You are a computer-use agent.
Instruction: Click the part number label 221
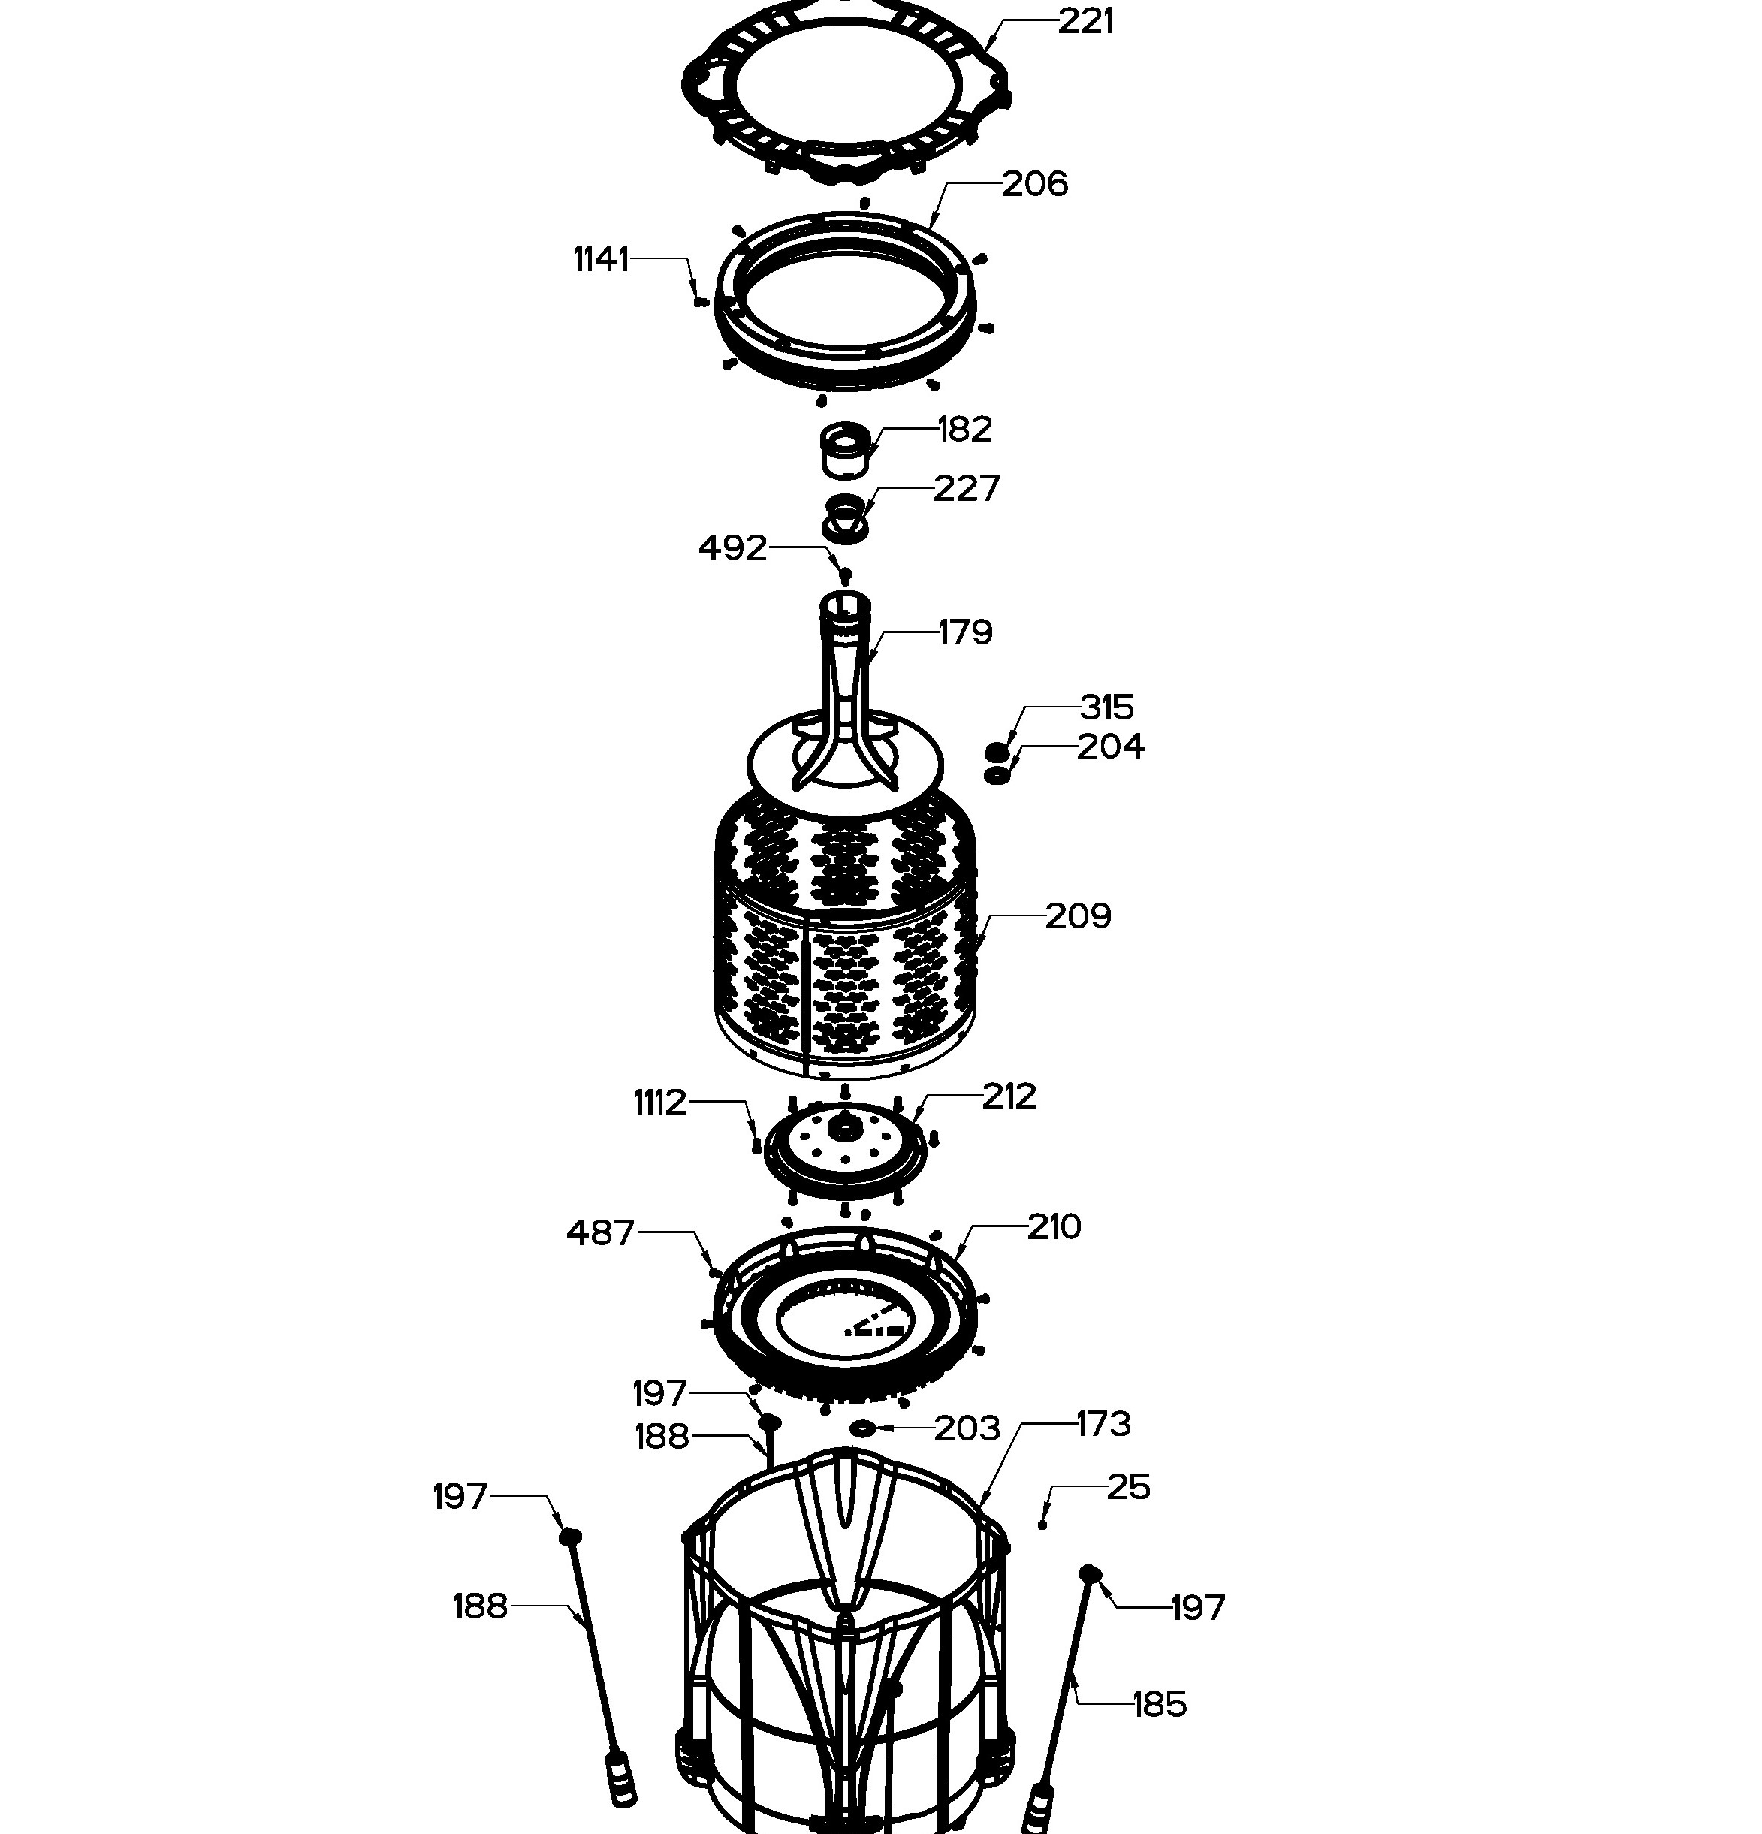[x=1085, y=20]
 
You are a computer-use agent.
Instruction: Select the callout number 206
[x=1035, y=183]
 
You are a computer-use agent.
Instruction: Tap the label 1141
[x=601, y=259]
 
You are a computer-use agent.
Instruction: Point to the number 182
[x=965, y=430]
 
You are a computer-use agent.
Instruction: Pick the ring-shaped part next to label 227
[x=846, y=517]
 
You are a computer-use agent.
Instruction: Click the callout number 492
[x=733, y=547]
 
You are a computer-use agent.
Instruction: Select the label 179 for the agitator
[x=965, y=632]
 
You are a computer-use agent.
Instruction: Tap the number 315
[x=1107, y=707]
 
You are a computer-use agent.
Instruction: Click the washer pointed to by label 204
[x=998, y=775]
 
